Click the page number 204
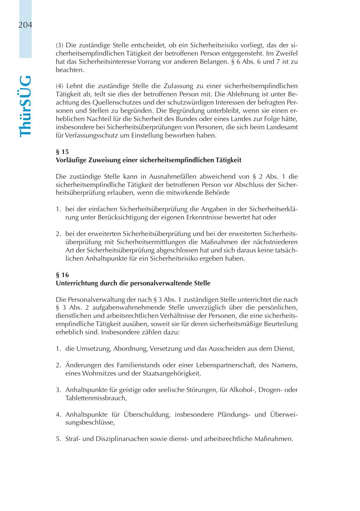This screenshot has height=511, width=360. click(x=25, y=25)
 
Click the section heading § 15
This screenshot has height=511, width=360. click(x=62, y=152)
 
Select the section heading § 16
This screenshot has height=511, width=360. click(x=62, y=275)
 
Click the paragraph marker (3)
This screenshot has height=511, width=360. click(x=60, y=45)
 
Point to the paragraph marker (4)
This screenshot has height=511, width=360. click(x=60, y=86)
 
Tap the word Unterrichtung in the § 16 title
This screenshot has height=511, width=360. click(x=76, y=283)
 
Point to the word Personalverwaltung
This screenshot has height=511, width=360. click(x=93, y=299)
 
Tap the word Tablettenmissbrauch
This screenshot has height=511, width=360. click(x=95, y=398)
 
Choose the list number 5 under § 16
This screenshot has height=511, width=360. click(x=58, y=439)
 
